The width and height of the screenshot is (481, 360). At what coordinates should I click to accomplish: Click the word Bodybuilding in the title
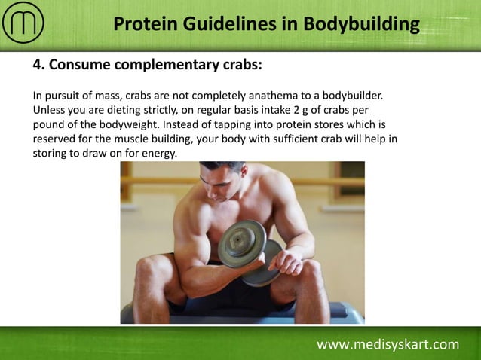pos(361,24)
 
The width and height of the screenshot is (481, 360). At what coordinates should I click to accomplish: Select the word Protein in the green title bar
pos(146,24)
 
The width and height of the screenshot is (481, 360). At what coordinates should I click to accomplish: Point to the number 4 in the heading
pos(37,65)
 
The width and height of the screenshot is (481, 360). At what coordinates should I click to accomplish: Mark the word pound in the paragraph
pos(50,124)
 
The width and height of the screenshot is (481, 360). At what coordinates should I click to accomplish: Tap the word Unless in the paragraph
pos(50,110)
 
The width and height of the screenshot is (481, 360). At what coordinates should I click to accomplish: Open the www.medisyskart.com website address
pos(388,345)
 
